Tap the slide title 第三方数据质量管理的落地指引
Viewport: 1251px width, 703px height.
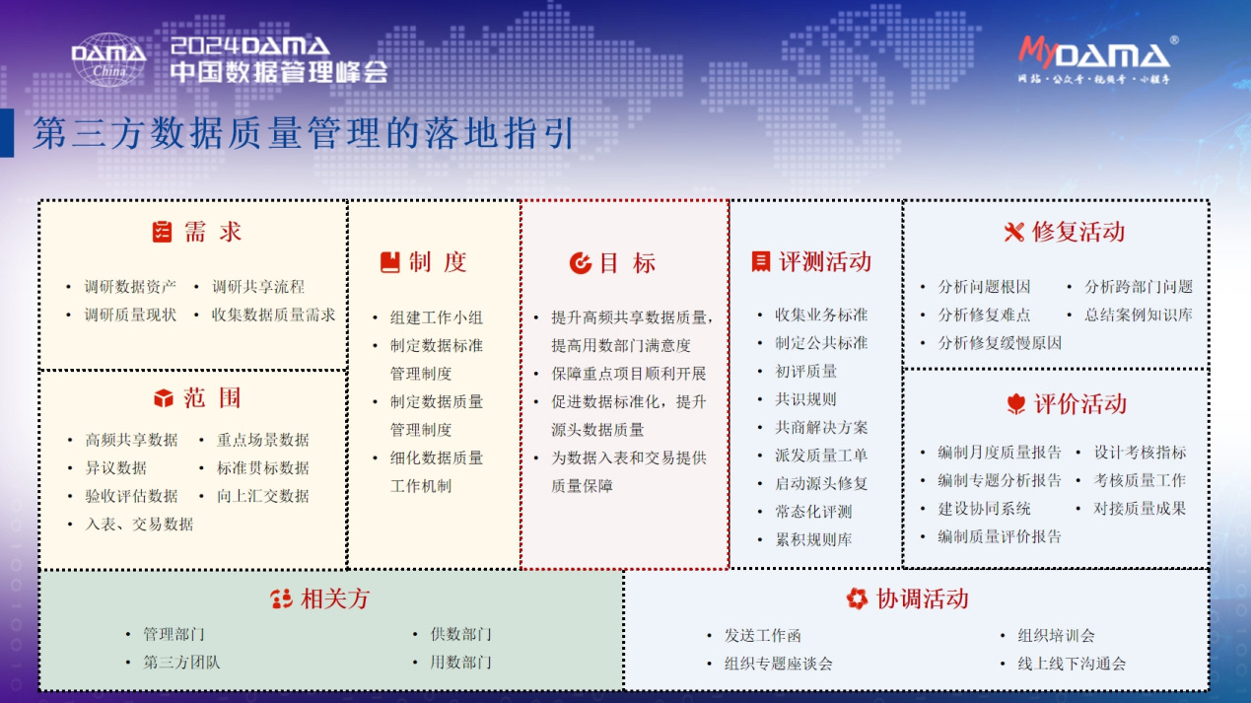[x=304, y=134]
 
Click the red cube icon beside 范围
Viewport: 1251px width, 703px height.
[x=164, y=398]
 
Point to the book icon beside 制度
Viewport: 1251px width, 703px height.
[x=390, y=262]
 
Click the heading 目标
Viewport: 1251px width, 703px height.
[x=627, y=263]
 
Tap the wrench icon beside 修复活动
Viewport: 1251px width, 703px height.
[x=1014, y=232]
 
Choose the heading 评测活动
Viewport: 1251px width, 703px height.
[x=825, y=262]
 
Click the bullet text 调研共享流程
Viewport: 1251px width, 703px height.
[x=258, y=287]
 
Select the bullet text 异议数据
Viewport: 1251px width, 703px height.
[x=115, y=467]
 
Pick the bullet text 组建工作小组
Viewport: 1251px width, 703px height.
[x=436, y=317]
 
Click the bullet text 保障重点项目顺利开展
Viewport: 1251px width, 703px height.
[x=628, y=374]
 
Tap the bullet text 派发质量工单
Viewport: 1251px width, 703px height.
[x=820, y=456]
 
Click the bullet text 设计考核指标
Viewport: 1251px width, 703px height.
[x=1140, y=453]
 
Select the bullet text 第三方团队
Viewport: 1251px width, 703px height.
[x=181, y=663]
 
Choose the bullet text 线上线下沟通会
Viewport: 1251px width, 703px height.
[x=1072, y=664]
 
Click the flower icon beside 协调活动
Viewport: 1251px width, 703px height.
[x=857, y=598]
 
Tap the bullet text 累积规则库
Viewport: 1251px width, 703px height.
[x=813, y=539]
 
